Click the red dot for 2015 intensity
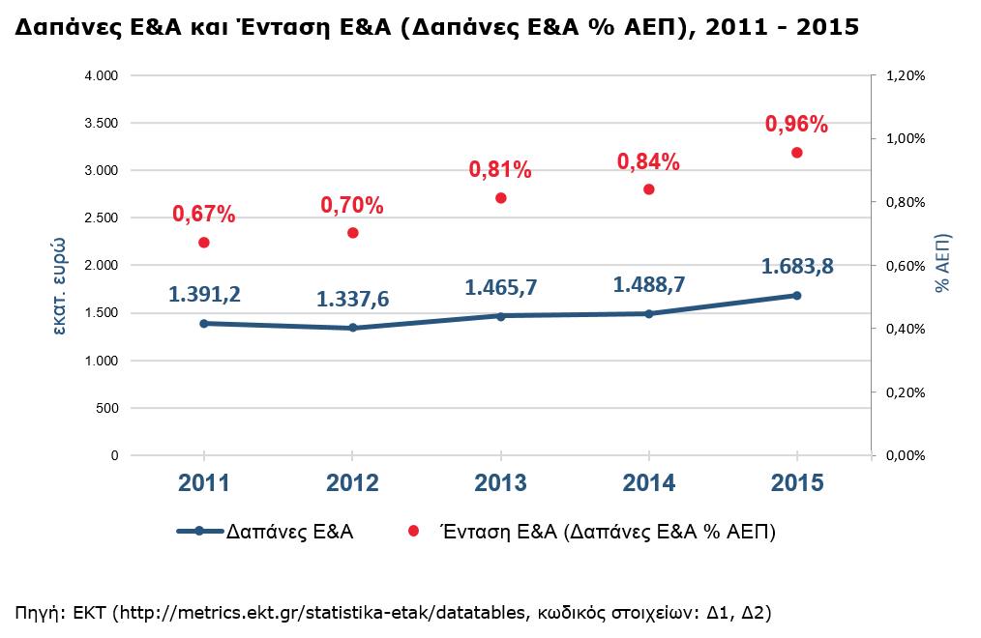tap(797, 153)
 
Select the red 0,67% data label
tap(203, 214)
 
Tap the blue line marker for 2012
tap(352, 328)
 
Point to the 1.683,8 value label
tap(797, 266)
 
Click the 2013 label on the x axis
tap(500, 483)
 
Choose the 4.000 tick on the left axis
tap(101, 75)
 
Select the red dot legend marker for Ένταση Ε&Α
tap(413, 531)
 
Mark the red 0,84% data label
tap(648, 160)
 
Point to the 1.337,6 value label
tap(352, 300)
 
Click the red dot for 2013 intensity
tap(500, 198)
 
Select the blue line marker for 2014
tap(648, 313)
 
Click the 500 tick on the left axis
tap(106, 408)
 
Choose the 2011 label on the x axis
tap(203, 483)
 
